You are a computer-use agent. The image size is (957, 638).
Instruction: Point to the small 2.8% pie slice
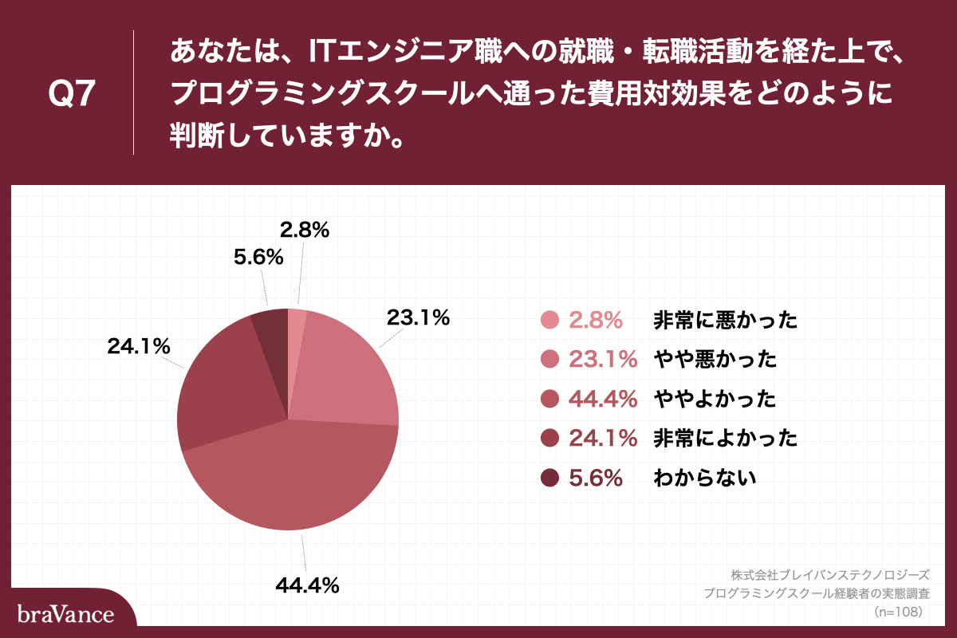(294, 327)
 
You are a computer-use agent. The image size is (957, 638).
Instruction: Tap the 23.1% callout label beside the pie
(419, 317)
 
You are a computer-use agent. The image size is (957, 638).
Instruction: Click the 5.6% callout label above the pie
(258, 257)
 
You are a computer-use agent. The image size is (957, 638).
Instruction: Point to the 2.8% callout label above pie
(305, 230)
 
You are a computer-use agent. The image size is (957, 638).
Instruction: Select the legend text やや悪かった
(715, 360)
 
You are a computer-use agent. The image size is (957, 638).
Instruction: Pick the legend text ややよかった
(715, 399)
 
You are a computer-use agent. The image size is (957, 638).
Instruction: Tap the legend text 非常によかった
(725, 438)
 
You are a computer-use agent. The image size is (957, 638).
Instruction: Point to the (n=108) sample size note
(899, 612)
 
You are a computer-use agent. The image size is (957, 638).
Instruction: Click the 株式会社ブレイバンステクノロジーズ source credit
(829, 574)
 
